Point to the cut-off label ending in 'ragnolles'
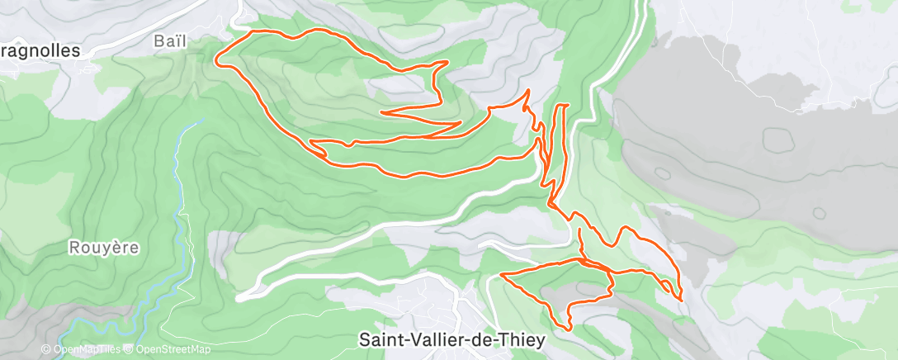click(x=40, y=50)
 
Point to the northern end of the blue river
click(x=199, y=121)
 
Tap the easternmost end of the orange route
click(x=682, y=298)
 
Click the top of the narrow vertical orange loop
click(x=563, y=106)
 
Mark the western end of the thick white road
click(x=239, y=296)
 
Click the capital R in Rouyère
click(x=74, y=246)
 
